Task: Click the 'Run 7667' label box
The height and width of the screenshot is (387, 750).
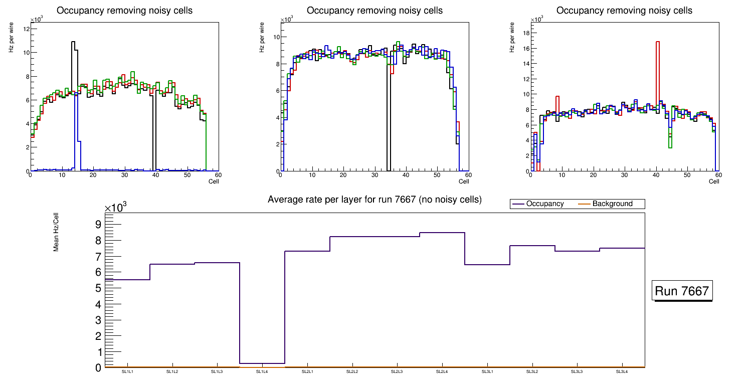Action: point(682,291)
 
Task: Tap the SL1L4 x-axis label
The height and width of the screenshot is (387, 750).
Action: point(262,372)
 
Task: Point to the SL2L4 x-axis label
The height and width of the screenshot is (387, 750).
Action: point(442,372)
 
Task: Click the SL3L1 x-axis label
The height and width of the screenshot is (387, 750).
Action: point(487,372)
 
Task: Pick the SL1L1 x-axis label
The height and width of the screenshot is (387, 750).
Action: point(127,372)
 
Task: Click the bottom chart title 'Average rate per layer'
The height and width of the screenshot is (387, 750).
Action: point(374,200)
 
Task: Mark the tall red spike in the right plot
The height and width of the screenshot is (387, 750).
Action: point(657,75)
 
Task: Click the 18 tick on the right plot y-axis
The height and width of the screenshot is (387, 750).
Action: point(526,33)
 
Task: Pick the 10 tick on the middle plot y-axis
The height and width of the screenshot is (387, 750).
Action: point(276,37)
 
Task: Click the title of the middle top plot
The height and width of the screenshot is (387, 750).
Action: point(374,11)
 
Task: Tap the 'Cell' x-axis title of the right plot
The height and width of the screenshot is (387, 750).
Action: point(714,181)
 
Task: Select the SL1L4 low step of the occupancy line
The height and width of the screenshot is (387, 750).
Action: point(262,363)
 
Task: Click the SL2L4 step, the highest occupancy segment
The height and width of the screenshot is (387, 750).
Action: point(442,233)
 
